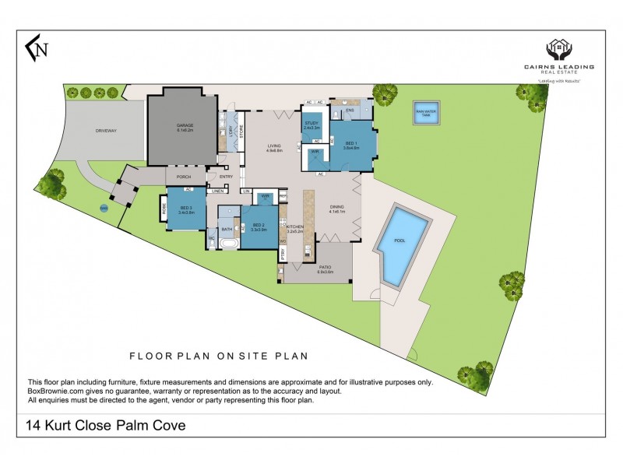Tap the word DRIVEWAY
(x=102, y=131)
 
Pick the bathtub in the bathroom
(x=228, y=244)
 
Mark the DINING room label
(x=336, y=208)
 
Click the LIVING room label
(x=273, y=146)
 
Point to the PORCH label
(x=184, y=177)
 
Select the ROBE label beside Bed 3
(x=164, y=209)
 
